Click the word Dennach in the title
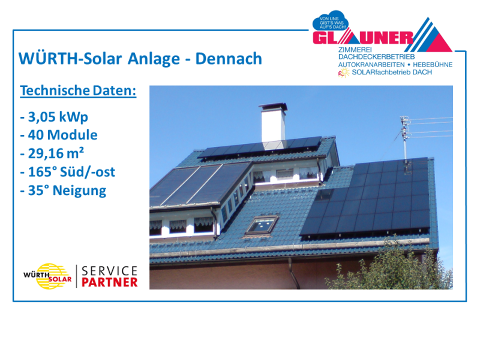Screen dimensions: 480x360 (229, 58)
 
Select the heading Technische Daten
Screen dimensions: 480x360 (78, 91)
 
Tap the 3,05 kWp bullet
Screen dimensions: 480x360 (54, 117)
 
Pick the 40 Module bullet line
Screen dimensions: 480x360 (59, 135)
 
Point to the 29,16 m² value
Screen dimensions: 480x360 (52, 153)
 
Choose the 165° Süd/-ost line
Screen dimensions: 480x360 (68, 172)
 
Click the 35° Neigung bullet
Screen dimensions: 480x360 (63, 190)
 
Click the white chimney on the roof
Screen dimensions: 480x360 (273, 123)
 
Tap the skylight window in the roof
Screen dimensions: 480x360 (262, 225)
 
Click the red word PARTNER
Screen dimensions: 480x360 (110, 283)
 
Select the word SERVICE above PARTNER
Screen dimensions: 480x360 (110, 271)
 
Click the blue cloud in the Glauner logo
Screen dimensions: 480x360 (331, 22)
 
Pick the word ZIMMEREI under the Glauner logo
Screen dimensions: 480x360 (355, 50)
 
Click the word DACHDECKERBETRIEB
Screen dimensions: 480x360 (377, 57)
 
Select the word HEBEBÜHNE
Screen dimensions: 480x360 (433, 65)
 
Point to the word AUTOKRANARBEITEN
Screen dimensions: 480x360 (371, 65)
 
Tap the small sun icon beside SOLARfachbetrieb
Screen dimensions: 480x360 (344, 73)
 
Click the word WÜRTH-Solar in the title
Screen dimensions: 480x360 (70, 58)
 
